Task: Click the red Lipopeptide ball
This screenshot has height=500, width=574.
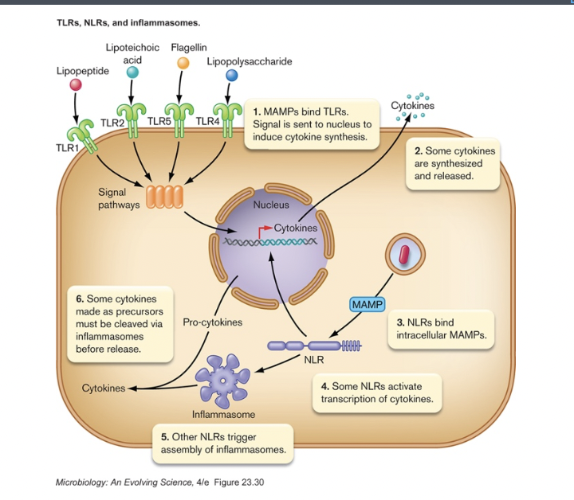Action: coord(76,84)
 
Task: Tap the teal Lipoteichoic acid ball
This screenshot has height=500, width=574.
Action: coord(133,72)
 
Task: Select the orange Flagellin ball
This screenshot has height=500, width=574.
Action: coord(183,63)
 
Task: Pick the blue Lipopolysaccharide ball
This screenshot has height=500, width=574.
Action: coord(232,75)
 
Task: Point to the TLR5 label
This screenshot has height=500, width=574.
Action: coord(159,122)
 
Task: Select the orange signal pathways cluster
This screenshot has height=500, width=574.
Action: coord(165,197)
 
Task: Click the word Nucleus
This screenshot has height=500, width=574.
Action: coord(271,205)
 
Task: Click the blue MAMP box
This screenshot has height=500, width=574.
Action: coord(368,305)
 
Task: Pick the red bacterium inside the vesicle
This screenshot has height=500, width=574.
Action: coord(404,255)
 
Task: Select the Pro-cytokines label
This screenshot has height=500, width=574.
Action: coord(213,323)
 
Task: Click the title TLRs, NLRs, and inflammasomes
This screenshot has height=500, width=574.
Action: coord(117,23)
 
